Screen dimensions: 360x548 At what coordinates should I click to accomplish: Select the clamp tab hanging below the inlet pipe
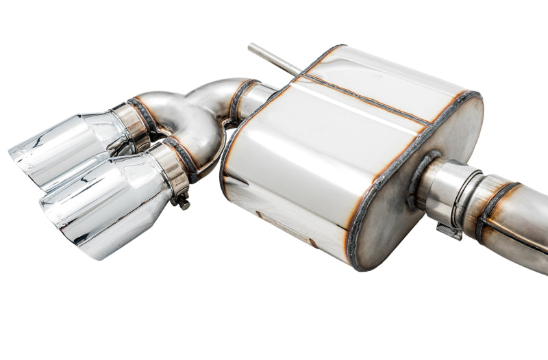pyautogui.click(x=449, y=231)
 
